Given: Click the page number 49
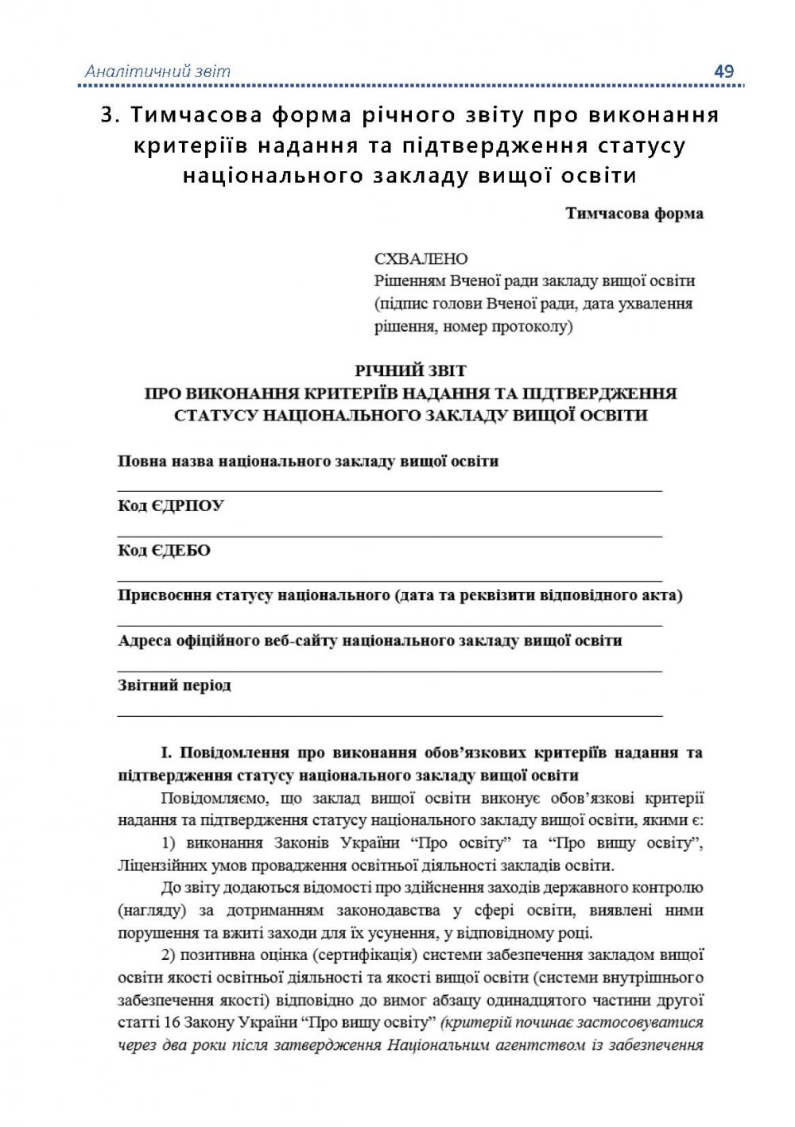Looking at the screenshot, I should pyautogui.click(x=723, y=72).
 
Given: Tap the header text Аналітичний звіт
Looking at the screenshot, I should pyautogui.click(x=157, y=72).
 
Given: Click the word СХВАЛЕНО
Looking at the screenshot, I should pyautogui.click(x=421, y=259).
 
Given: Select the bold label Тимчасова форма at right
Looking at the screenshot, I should pyautogui.click(x=634, y=214).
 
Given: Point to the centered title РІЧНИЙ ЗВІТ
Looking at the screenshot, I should pyautogui.click(x=410, y=370).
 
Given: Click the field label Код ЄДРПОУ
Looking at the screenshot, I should pyautogui.click(x=171, y=506).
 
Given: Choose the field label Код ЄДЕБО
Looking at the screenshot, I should pyautogui.click(x=164, y=551).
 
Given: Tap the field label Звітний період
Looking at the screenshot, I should pyautogui.click(x=174, y=685).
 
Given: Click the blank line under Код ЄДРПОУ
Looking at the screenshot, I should pyautogui.click(x=390, y=536).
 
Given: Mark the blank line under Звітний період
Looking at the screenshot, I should pyautogui.click(x=390, y=715).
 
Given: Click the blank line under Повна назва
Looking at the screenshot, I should pyautogui.click(x=390, y=491).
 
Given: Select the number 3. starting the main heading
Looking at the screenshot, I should pyautogui.click(x=111, y=115).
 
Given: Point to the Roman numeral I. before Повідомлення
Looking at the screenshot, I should pyautogui.click(x=166, y=753).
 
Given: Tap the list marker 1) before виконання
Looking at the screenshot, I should pyautogui.click(x=169, y=843).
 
